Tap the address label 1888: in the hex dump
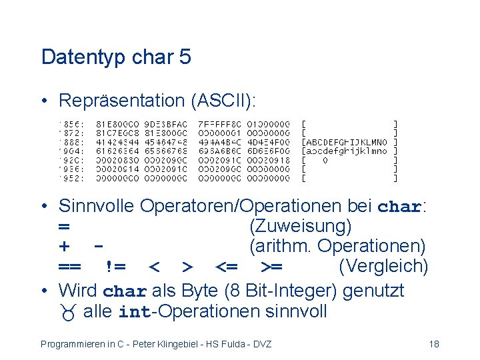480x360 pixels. [71, 142]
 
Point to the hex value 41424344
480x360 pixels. [118, 142]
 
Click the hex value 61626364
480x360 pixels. [118, 151]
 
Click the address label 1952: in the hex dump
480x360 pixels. [71, 179]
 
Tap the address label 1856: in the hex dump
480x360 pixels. [71, 123]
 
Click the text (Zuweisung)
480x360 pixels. [300, 227]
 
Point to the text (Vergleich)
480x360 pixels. [383, 267]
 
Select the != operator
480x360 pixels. [115, 267]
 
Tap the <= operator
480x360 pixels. [227, 267]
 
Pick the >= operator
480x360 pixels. [271, 267]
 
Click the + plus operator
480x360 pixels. [65, 247]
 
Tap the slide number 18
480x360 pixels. [433, 344]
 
